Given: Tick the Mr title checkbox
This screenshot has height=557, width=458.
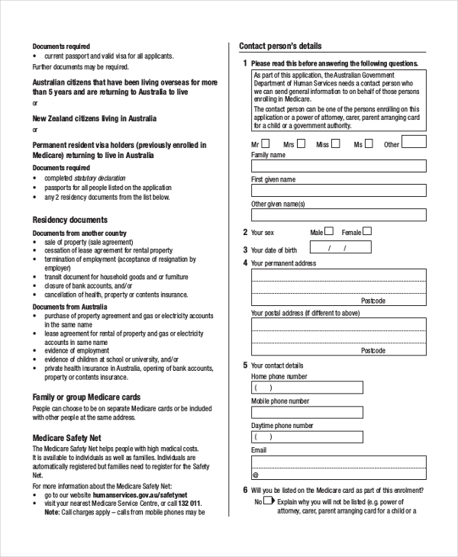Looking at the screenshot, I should point(265,143).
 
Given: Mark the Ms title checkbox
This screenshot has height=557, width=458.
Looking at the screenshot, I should point(369,143).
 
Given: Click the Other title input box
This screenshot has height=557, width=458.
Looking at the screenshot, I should point(414,142).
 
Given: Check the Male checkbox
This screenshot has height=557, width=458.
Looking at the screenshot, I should point(329,231).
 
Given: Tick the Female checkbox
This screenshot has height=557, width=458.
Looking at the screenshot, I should point(367,231).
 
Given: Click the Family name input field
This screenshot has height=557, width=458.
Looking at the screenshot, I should point(338,166).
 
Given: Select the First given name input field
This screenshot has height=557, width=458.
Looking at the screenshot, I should point(338,191).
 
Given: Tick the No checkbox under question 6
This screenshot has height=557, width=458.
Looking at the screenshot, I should point(268,501).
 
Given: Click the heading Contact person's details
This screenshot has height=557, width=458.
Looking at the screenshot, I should point(280,46).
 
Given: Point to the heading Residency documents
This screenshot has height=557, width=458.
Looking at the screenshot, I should point(69,220).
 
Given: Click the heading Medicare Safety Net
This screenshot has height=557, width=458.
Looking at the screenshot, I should point(66,438).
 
